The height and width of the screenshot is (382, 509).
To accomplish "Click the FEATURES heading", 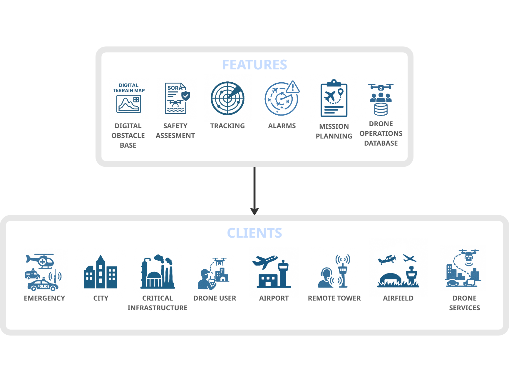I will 254,65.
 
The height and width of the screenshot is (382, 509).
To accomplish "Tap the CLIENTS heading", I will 254,233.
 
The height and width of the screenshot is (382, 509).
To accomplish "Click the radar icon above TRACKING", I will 227,98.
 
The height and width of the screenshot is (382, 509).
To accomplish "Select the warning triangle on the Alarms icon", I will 293,87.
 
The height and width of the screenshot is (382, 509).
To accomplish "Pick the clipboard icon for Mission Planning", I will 334,99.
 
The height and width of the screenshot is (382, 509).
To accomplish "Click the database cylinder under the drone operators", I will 381,109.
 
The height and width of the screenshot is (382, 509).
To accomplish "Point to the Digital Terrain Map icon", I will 129,104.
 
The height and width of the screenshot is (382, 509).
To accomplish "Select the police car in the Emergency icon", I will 43,286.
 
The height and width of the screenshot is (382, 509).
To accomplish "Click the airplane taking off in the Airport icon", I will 264,261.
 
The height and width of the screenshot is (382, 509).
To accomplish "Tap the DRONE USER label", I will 215,298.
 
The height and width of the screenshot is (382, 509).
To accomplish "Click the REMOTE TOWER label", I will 334,298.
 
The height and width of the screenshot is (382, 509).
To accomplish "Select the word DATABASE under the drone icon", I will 381,143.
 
